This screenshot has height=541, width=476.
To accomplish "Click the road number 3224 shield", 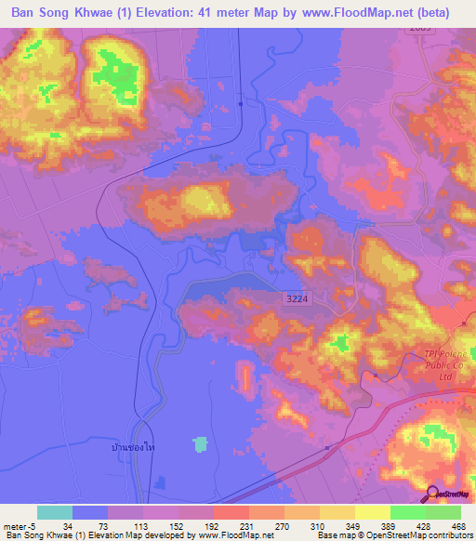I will point(296,296).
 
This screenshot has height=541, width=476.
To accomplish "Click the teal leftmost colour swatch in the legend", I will point(55,511).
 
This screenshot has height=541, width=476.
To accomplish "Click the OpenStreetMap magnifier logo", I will point(433,495).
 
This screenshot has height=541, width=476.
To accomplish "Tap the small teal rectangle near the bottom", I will point(200,445).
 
